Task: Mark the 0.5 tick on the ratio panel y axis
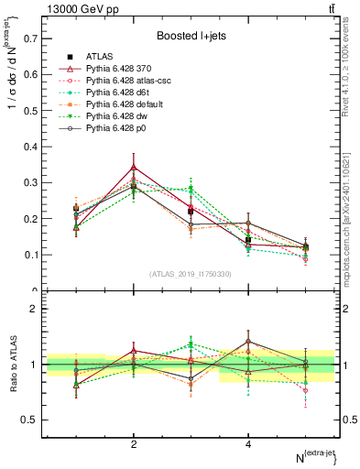pos(32,420)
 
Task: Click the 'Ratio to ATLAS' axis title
pos(13,365)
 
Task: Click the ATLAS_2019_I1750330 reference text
pos(189,274)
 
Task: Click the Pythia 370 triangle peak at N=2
pos(134,168)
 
